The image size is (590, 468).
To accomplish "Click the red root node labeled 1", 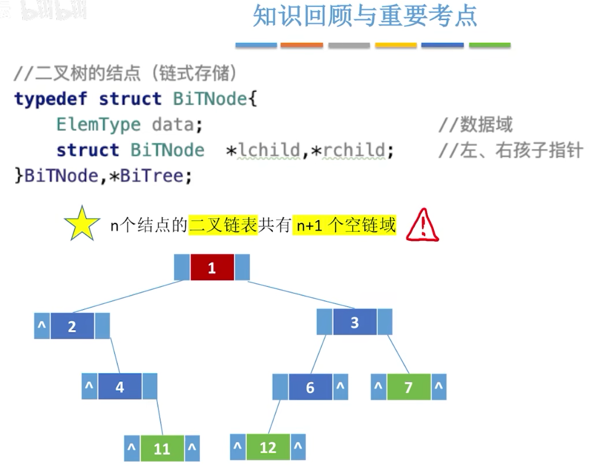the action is click(212, 268).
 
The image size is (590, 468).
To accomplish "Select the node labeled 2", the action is click(72, 326).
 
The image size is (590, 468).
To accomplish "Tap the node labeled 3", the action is click(354, 322).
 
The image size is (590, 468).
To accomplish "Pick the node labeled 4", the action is click(119, 387).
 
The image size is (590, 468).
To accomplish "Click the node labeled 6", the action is click(310, 387).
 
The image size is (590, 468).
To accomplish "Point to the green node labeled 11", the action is click(162, 448).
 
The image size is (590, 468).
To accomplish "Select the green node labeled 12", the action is click(268, 447).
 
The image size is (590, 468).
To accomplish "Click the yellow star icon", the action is click(82, 223).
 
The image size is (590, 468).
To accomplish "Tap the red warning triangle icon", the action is click(423, 227).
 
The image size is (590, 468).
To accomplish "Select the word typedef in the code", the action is click(50, 99).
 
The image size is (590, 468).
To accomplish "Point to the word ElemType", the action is click(99, 124).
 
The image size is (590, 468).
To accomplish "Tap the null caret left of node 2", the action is click(42, 326).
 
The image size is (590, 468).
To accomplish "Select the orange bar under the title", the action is click(302, 45).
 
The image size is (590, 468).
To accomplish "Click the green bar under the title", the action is click(490, 45).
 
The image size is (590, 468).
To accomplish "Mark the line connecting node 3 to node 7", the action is click(399, 354).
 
